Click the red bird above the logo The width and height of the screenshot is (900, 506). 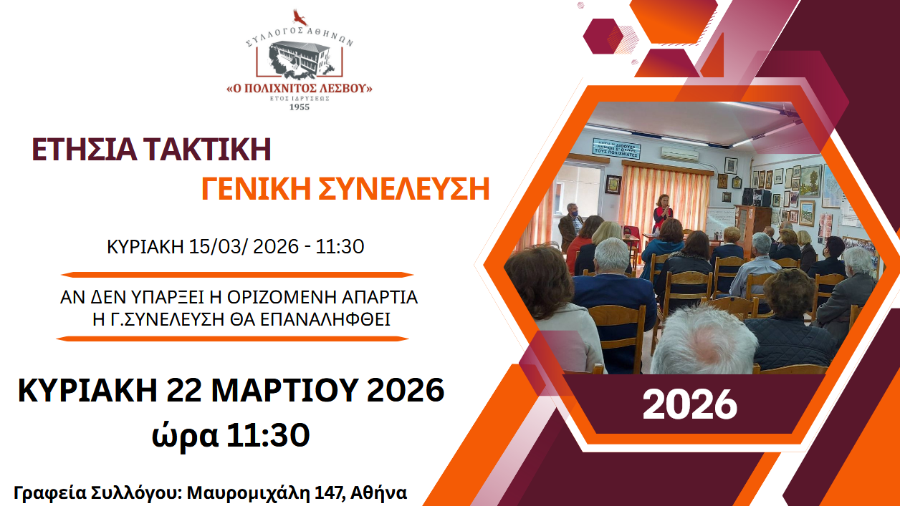point(300,18)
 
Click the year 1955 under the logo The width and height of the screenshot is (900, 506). point(300,107)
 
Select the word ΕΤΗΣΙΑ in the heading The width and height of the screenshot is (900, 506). point(85,150)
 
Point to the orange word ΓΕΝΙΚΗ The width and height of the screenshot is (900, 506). point(256,189)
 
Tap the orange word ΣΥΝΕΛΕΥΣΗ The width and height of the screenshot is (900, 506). point(404,189)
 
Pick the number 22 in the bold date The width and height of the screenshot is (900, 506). point(184,390)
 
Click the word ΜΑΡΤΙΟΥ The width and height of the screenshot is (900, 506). point(285,390)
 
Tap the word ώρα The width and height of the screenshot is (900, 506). point(185,435)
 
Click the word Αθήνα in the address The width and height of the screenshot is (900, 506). point(378,492)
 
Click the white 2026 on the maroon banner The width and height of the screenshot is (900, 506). point(690,405)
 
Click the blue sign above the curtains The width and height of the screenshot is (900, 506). point(616,148)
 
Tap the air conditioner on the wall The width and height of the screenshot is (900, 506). point(680,154)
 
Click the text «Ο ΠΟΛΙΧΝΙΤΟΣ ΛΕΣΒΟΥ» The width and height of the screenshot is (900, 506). point(300,88)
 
